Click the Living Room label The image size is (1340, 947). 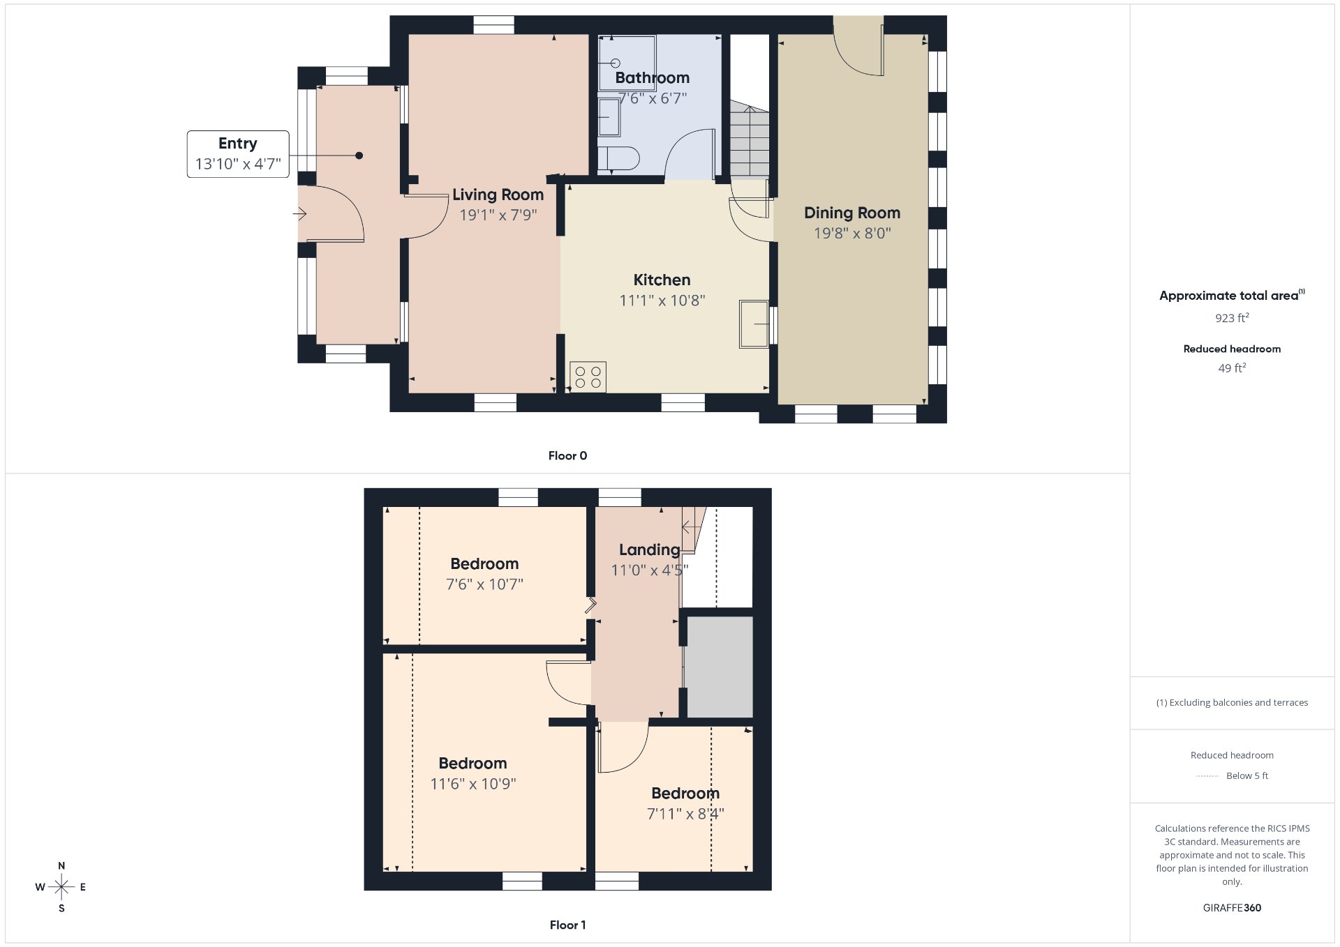tap(498, 195)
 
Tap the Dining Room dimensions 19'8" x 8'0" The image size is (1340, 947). tap(852, 234)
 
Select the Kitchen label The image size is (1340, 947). tap(662, 280)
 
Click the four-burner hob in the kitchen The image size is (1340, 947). tap(588, 377)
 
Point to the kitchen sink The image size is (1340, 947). tap(754, 324)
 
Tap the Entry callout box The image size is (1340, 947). tap(238, 154)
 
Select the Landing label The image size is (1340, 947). tap(649, 550)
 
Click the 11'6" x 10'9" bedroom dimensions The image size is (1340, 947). tap(473, 785)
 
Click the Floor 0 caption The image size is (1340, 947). tap(567, 456)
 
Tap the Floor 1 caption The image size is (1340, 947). tap(567, 925)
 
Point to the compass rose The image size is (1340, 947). tap(61, 887)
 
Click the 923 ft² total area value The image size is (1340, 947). tap(1232, 318)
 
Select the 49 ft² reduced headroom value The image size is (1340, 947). tap(1232, 368)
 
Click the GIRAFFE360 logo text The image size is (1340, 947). tap(1232, 908)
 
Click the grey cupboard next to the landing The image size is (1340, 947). tap(720, 667)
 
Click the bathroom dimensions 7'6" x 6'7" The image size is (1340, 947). tap(653, 99)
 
